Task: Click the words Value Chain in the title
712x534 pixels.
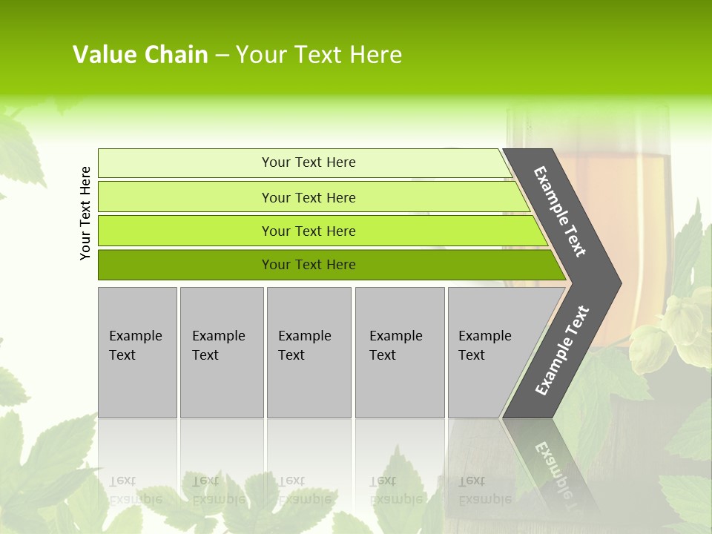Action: [140, 55]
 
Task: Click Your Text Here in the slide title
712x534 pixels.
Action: [319, 55]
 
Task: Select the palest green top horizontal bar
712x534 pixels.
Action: [308, 162]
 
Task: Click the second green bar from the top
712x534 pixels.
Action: [308, 197]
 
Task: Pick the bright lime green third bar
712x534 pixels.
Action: [308, 231]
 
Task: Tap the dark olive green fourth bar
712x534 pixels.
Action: [308, 265]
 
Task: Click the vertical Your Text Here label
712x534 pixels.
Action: [85, 213]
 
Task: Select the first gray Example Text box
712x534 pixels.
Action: [137, 352]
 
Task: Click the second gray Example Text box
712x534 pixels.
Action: [221, 352]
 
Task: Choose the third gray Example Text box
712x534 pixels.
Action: [308, 352]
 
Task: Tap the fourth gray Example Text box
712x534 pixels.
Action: [399, 352]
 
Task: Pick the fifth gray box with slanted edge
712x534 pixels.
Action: [489, 352]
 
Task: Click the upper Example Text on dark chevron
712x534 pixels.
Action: [560, 211]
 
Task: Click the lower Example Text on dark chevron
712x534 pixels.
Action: [562, 351]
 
